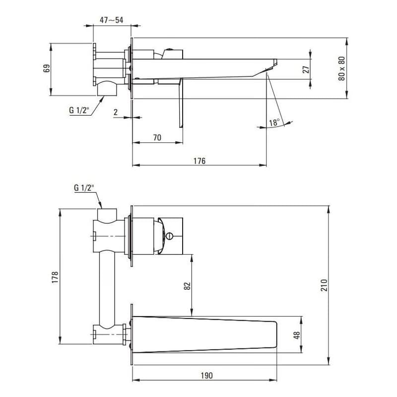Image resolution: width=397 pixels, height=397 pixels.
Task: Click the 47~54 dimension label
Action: tap(111, 20)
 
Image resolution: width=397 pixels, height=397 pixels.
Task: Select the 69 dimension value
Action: tap(47, 68)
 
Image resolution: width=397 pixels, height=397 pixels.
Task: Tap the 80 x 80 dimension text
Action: tap(341, 68)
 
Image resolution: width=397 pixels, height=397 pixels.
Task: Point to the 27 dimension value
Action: tap(306, 69)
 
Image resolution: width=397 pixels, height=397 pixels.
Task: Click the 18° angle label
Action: tap(274, 123)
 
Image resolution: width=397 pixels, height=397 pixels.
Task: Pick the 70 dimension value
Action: tap(157, 137)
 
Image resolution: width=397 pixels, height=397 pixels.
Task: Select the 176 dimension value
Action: tap(199, 161)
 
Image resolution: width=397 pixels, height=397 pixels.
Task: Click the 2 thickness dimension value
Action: tap(116, 112)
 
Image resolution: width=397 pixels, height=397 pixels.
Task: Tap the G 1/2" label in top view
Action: tap(79, 110)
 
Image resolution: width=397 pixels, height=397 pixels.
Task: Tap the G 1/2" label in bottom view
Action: tap(84, 188)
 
